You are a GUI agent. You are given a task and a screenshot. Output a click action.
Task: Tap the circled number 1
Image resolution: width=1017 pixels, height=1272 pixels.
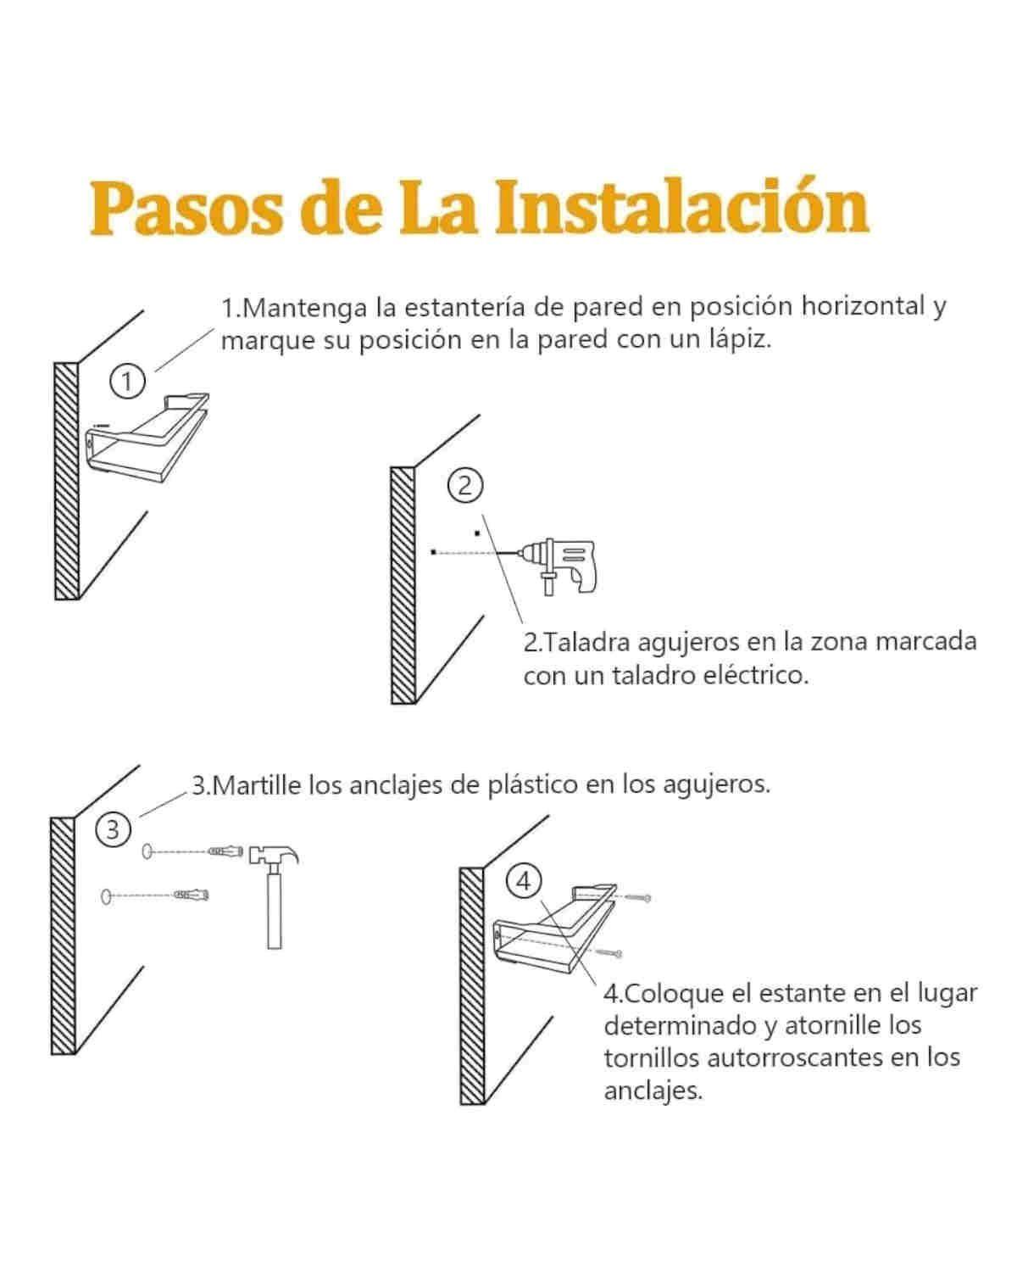[x=127, y=382]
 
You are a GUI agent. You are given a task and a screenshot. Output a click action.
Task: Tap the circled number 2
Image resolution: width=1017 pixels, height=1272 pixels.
[x=464, y=486]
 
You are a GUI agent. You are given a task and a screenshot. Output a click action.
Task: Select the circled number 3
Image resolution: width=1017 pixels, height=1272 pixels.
[x=114, y=829]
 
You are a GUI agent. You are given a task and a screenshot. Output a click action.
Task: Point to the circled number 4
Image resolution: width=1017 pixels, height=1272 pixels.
[x=523, y=881]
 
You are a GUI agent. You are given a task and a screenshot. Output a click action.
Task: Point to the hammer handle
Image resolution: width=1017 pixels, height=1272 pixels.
[x=274, y=912]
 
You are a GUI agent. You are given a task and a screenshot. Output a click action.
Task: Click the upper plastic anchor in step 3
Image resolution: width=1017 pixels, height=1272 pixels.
[x=226, y=851]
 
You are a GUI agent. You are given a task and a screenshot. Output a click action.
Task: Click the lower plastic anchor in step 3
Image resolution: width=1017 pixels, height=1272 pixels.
[x=192, y=895]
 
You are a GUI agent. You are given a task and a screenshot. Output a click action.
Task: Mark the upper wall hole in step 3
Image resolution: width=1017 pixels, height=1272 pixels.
[x=147, y=851]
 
